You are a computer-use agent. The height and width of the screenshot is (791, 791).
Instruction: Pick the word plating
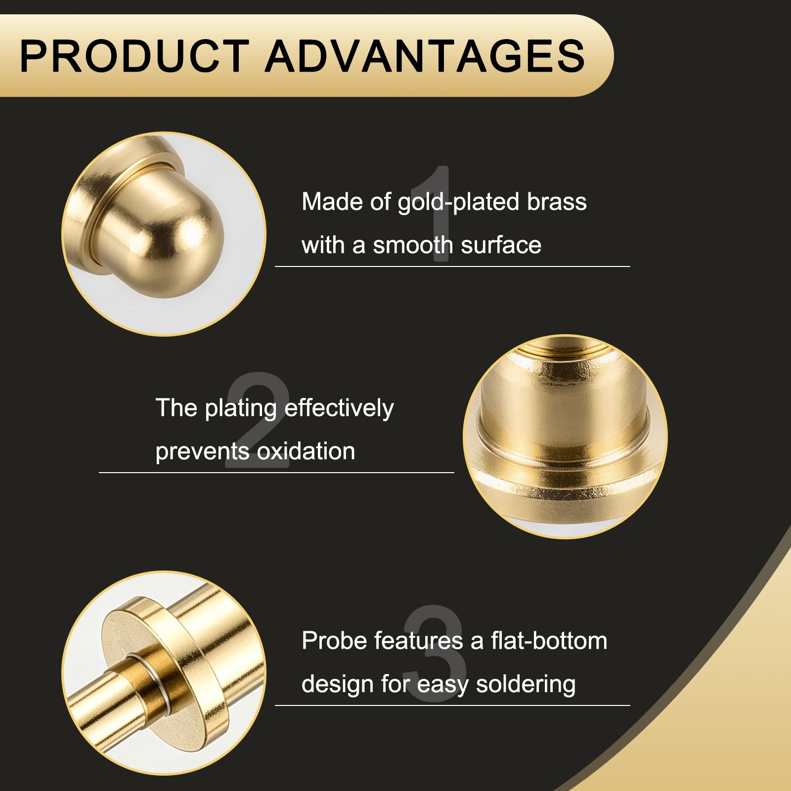[241, 409]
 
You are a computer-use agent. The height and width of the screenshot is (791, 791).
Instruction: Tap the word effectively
[339, 409]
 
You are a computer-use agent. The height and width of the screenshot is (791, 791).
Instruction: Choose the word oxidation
[306, 451]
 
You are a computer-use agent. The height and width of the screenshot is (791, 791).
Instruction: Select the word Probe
[334, 641]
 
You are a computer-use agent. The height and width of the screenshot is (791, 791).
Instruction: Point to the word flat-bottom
[549, 641]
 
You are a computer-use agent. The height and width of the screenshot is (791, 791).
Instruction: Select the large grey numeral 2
[257, 420]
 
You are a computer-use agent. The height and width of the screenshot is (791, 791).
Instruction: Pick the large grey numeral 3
[435, 653]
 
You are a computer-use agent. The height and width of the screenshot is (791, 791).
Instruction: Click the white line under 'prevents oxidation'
[276, 473]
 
